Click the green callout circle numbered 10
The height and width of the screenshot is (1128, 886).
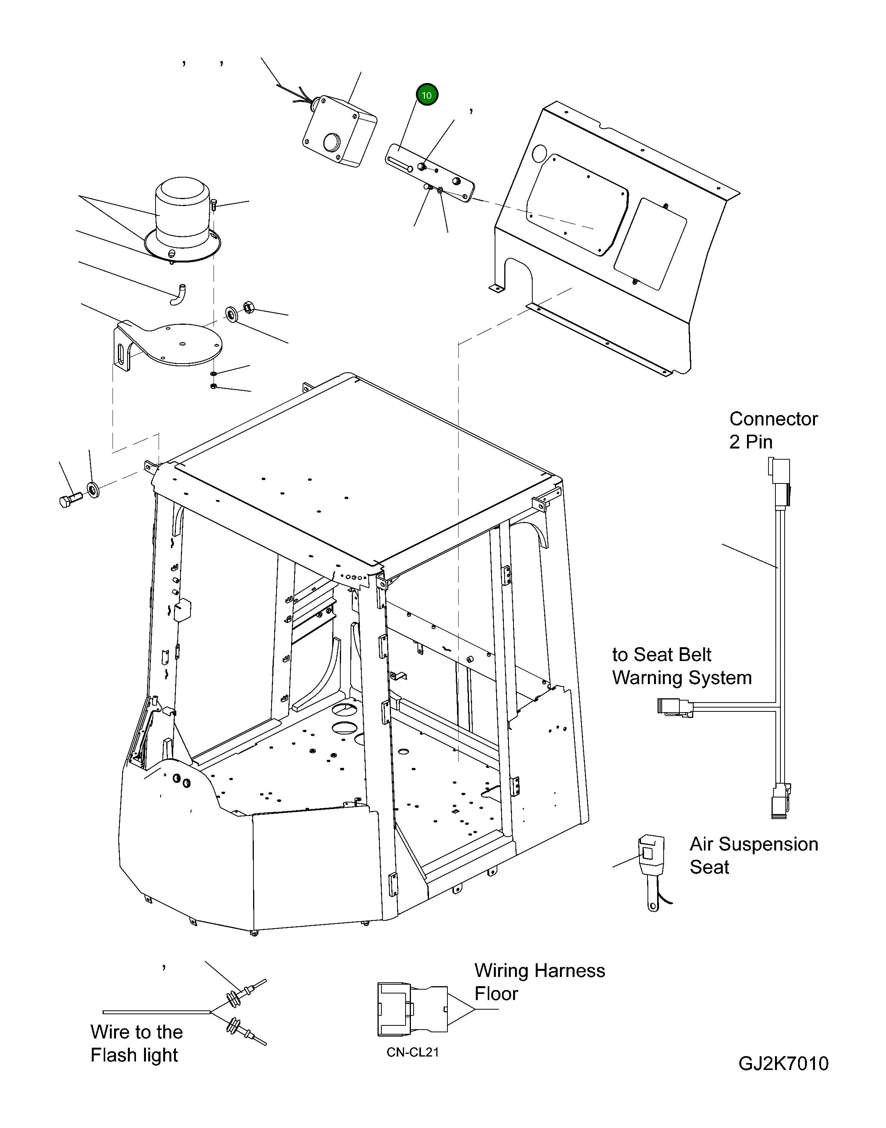[x=426, y=95]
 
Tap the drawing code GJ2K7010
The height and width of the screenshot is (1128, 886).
[x=783, y=1064]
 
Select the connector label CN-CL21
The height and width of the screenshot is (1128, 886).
[x=412, y=1052]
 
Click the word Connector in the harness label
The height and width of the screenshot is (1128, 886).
[x=773, y=419]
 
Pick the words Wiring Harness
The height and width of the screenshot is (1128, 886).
[x=540, y=971]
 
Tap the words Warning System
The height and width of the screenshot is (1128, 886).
[x=682, y=678]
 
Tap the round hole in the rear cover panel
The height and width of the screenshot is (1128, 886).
[x=540, y=153]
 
